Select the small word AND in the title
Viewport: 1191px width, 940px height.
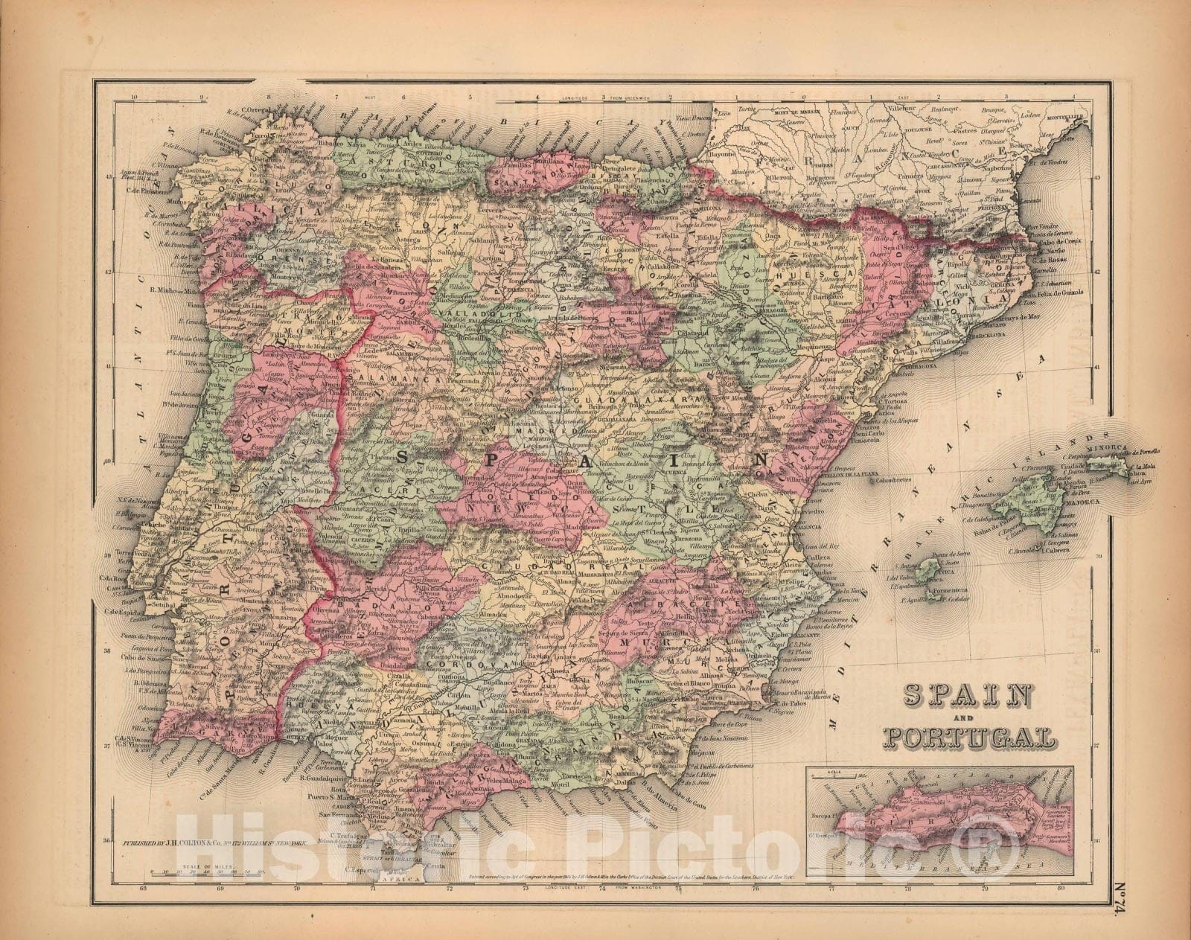tap(968, 718)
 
